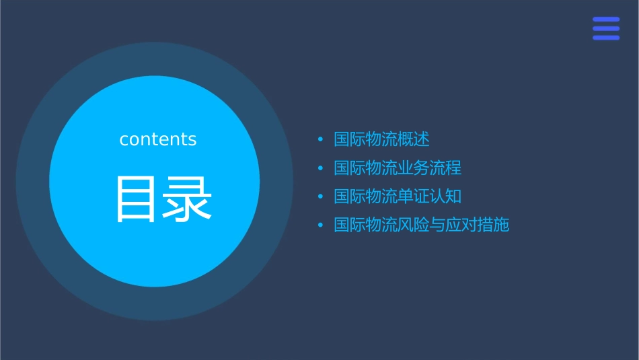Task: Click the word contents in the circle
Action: (x=158, y=139)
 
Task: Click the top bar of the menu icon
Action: (x=606, y=20)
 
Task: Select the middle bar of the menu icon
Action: (x=606, y=28)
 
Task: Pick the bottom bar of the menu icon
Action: (x=606, y=38)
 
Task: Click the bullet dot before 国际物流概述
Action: (x=321, y=140)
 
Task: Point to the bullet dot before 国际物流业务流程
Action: (x=321, y=168)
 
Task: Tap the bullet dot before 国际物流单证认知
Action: (x=321, y=196)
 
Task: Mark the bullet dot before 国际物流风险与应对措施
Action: (x=321, y=225)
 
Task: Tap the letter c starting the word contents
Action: (x=124, y=140)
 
